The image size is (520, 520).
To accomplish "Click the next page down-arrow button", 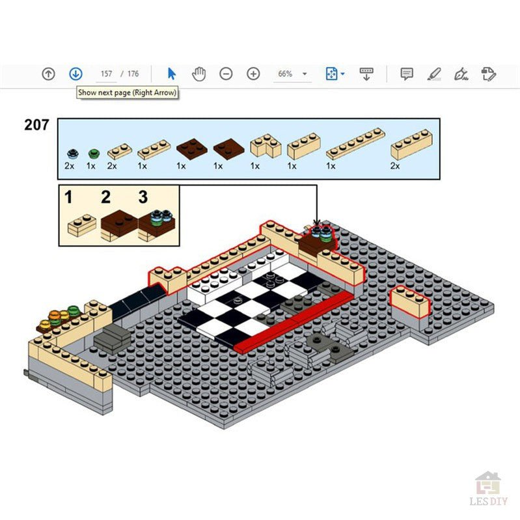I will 75,74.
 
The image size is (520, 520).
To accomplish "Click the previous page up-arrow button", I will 48,74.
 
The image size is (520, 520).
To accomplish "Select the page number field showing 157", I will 107,74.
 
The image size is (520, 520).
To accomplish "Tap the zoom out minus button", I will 226,74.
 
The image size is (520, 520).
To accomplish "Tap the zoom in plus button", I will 253,74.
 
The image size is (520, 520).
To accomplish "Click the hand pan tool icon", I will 198,74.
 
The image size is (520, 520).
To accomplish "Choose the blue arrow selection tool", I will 172,74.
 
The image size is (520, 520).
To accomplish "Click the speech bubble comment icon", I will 407,74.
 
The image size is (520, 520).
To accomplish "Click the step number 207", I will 36,124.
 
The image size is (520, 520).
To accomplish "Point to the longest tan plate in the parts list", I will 355,143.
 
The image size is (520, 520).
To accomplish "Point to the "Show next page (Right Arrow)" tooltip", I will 127,92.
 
